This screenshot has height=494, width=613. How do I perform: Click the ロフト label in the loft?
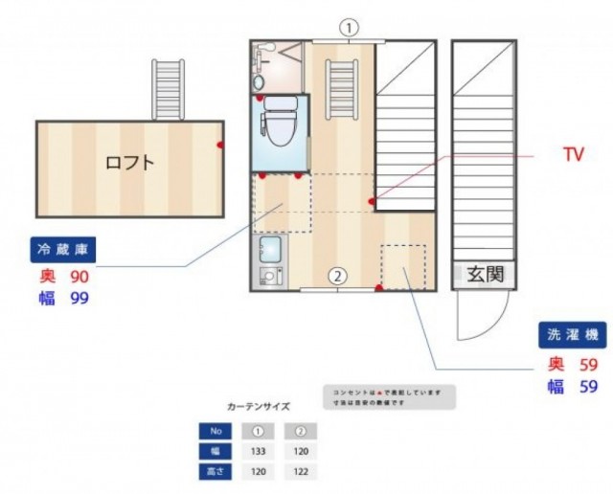click(129, 162)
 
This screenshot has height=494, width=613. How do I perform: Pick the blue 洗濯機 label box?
click(572, 335)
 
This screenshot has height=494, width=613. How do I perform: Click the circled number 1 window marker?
click(350, 28)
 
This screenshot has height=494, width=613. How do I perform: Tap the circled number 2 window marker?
click(336, 277)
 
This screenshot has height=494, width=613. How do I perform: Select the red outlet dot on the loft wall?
click(219, 146)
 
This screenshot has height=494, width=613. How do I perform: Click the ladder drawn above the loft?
click(167, 89)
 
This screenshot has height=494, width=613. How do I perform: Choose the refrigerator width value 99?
click(79, 299)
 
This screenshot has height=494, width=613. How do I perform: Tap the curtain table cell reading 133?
click(257, 450)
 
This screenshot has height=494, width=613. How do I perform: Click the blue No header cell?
click(215, 429)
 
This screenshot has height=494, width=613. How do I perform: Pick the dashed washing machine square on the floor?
click(402, 266)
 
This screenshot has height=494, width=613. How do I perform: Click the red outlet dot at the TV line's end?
click(373, 201)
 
